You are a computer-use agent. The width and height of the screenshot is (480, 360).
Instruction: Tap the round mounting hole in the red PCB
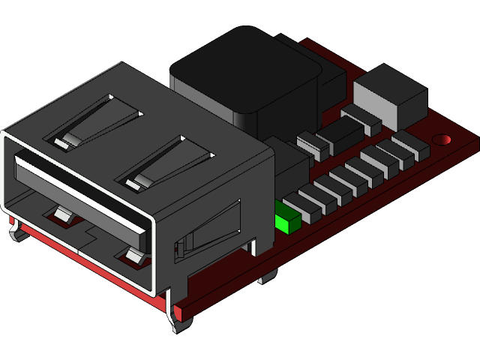point(443,139)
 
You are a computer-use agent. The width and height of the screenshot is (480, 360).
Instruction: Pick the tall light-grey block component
point(390,97)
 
